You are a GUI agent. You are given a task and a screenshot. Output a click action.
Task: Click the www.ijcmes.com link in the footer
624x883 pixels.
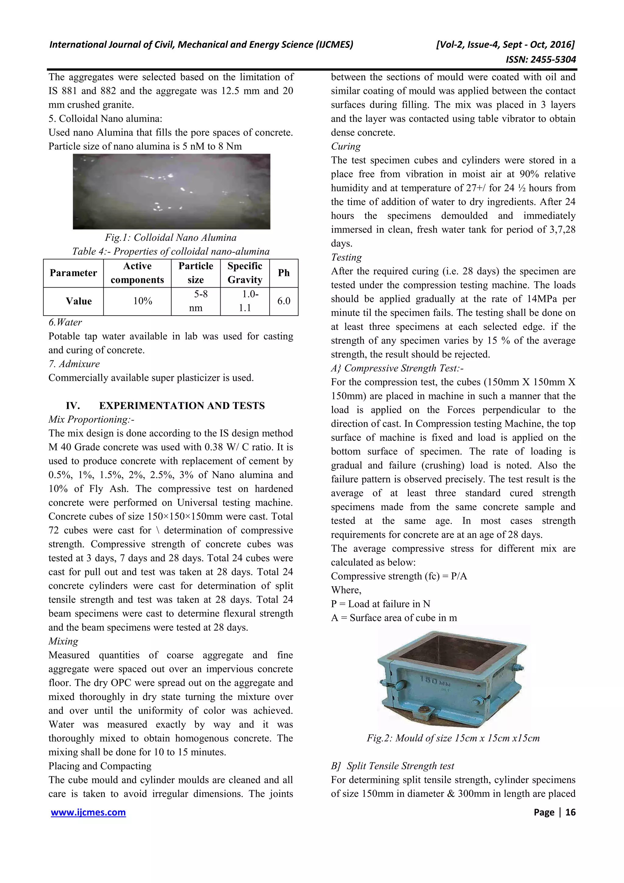pyautogui.click(x=88, y=812)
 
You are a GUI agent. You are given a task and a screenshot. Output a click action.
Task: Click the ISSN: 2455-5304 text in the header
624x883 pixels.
pyautogui.click(x=541, y=59)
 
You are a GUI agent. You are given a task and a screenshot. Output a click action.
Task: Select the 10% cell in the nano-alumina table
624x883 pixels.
pyautogui.click(x=143, y=301)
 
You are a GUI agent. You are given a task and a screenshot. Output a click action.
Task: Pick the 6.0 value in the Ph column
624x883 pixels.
pyautogui.click(x=284, y=301)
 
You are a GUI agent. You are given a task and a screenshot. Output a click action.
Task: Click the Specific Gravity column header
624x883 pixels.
pyautogui.click(x=245, y=273)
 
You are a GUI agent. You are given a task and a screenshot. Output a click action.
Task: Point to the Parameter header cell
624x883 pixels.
pyautogui.click(x=73, y=273)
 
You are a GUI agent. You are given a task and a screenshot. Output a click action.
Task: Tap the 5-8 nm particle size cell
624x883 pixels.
pyautogui.click(x=196, y=301)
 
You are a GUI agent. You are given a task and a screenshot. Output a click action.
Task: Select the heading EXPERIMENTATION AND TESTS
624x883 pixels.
pyautogui.click(x=182, y=406)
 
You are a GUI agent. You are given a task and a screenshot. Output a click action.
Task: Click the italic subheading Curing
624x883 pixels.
pyautogui.click(x=346, y=147)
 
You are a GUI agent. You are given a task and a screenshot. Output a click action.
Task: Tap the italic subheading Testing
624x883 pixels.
pyautogui.click(x=346, y=257)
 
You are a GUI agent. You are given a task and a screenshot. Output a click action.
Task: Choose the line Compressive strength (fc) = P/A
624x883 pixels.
pyautogui.click(x=399, y=576)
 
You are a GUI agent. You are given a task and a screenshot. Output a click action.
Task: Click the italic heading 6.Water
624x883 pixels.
pyautogui.click(x=66, y=322)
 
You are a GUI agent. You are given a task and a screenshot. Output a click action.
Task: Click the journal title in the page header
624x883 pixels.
pyautogui.click(x=201, y=44)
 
